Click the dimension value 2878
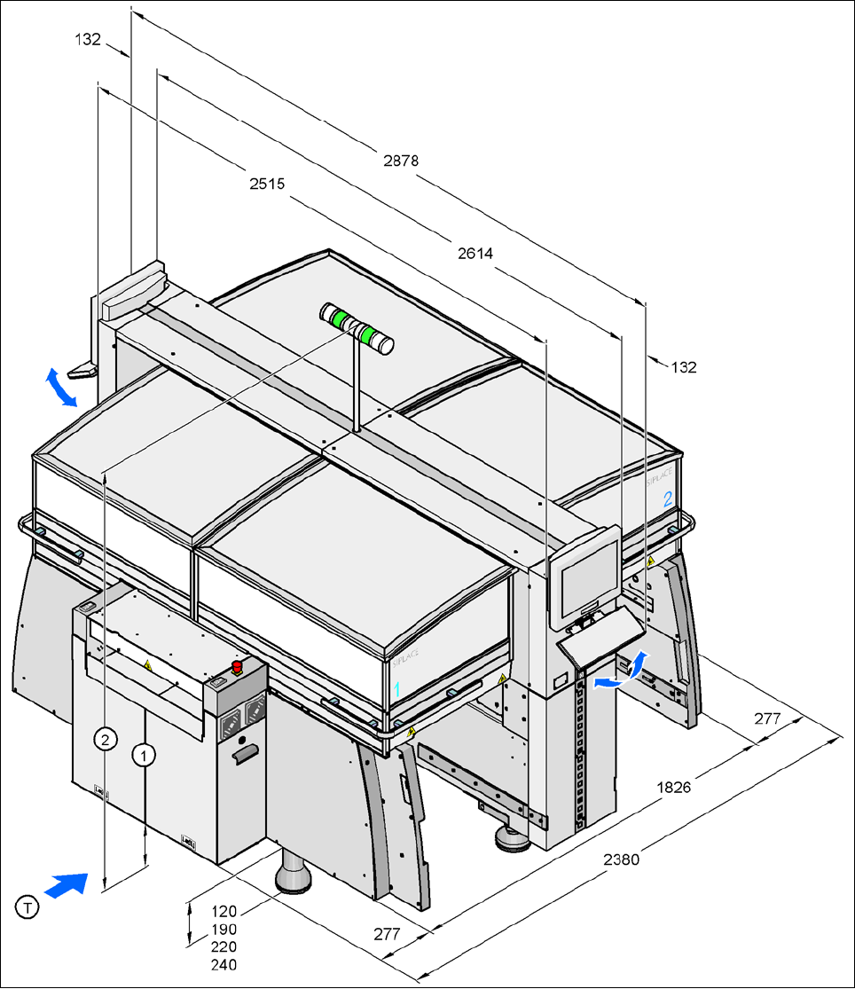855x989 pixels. (x=401, y=161)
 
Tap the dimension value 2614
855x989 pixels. (x=475, y=254)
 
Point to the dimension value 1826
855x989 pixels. (x=673, y=786)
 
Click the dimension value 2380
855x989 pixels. (x=621, y=859)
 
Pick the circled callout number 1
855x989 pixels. (x=144, y=754)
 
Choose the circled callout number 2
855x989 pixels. (x=106, y=739)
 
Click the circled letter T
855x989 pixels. (x=28, y=907)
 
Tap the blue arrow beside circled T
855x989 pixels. (x=67, y=884)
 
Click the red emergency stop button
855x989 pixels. (x=237, y=666)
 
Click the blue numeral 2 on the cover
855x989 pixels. (x=668, y=499)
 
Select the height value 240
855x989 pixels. (x=224, y=964)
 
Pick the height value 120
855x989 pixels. (x=224, y=910)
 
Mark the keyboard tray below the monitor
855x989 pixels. (x=599, y=638)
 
